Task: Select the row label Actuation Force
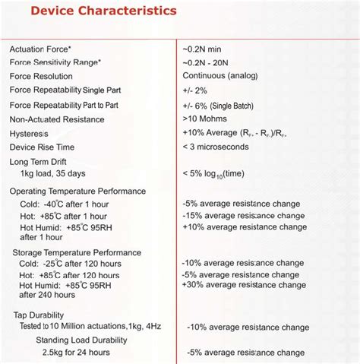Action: [40, 49]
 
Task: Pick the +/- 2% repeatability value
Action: [196, 90]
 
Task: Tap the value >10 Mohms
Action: [205, 119]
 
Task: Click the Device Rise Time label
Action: [42, 147]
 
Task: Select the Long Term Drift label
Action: [39, 162]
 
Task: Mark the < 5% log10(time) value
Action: [213, 173]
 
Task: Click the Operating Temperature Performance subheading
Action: [77, 191]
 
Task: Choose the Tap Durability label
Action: [39, 315]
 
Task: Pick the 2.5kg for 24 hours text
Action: [75, 353]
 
